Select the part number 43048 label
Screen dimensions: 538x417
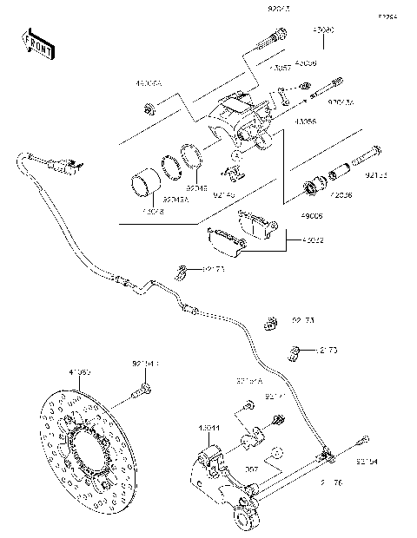click(x=152, y=210)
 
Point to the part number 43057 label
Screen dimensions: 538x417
click(x=280, y=67)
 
